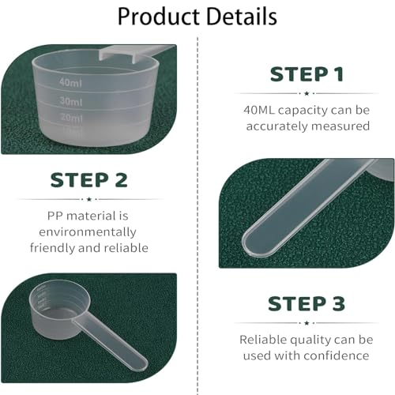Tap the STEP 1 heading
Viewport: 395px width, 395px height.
pos(307,75)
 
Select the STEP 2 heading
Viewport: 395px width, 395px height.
pos(88,179)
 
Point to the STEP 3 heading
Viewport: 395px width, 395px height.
pos(307,303)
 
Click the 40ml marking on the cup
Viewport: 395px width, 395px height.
pos(70,81)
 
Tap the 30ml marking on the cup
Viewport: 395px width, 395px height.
pos(70,100)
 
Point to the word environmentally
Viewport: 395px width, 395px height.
pos(88,232)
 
